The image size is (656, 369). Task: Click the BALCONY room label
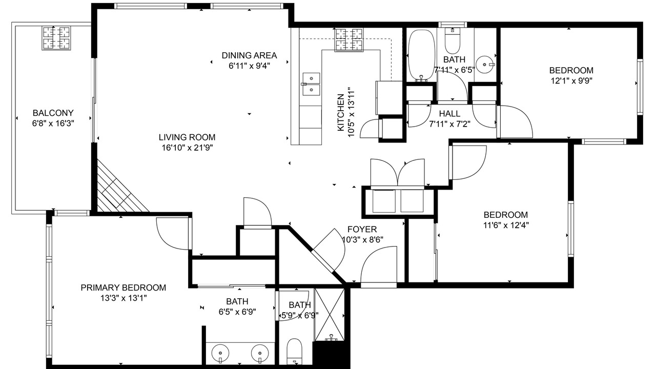pos(53,113)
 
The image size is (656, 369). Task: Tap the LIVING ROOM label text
pos(187,137)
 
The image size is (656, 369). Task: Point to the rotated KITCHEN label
pos(341,112)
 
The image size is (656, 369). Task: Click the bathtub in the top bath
pos(421,55)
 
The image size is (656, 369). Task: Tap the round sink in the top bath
pos(485,65)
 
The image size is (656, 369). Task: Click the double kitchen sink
pos(311,85)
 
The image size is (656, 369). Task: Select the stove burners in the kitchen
pos(349,39)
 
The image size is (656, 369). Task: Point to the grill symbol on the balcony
pos(56,38)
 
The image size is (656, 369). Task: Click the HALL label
pos(449,114)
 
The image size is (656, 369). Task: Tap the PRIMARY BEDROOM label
pos(124,288)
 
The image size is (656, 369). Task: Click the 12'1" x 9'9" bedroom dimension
pos(571,81)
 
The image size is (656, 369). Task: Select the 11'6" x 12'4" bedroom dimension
pos(506,225)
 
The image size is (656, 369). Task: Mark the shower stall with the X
pos(330,315)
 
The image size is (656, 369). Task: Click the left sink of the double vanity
pos(220,354)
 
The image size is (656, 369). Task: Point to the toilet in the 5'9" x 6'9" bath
pos(294,352)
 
